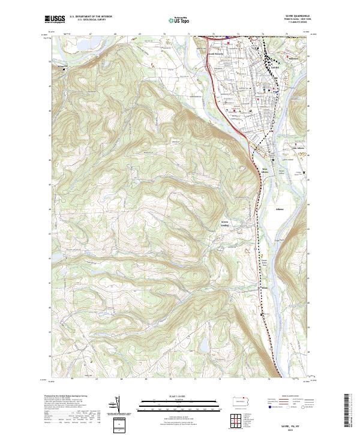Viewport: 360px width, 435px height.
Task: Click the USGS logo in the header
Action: tap(55, 20)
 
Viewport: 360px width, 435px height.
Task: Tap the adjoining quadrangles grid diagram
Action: tap(239, 418)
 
